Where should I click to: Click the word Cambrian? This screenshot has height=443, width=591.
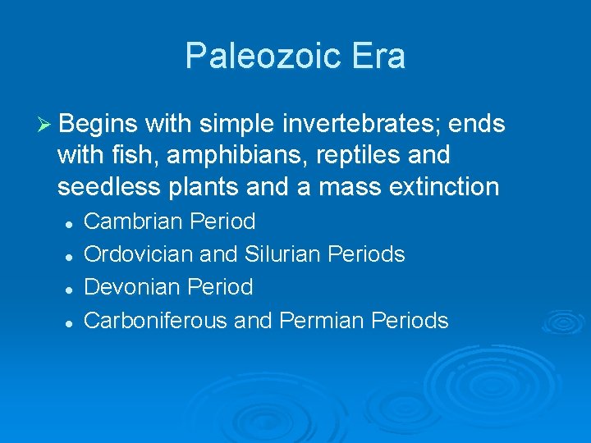[134, 221]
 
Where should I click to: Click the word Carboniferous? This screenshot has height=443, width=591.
[156, 320]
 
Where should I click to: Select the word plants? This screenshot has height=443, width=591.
[207, 187]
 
